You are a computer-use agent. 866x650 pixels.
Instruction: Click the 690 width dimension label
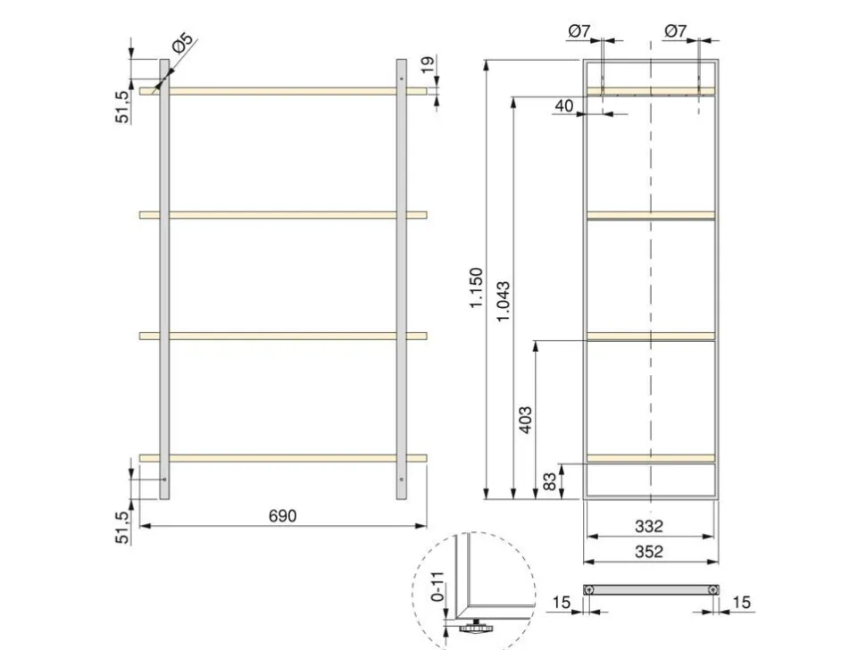tap(282, 516)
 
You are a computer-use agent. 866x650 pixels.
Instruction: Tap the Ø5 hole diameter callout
tap(183, 43)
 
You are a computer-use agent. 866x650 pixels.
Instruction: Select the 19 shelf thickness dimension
tap(429, 64)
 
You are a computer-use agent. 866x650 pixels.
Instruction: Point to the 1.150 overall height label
tap(476, 287)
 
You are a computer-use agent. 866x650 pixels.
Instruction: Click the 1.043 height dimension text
tap(504, 302)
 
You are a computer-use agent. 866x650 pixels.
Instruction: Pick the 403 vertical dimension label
tap(526, 420)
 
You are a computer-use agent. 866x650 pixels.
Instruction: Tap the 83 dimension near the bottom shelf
tap(550, 481)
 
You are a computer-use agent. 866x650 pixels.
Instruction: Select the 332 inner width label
tap(648, 526)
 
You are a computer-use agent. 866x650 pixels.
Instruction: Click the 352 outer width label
tap(648, 552)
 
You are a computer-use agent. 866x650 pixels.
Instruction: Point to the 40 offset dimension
tap(563, 105)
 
